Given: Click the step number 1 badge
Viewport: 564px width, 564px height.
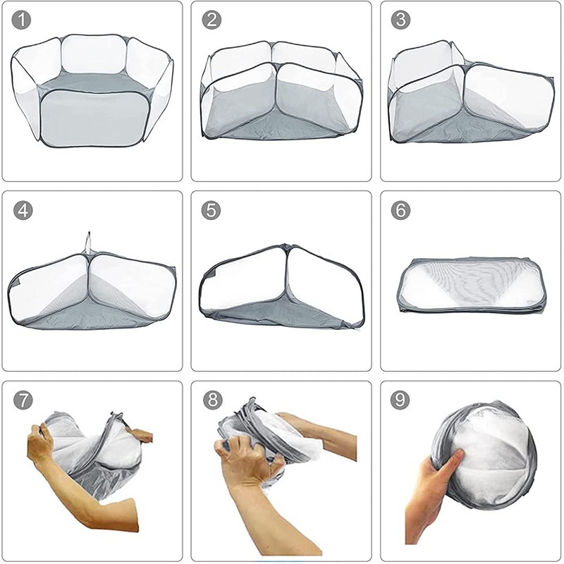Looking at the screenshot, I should [23, 20].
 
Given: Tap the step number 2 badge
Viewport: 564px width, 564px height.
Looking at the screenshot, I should [211, 20].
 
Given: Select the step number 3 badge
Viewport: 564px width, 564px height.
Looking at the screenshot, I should [401, 20].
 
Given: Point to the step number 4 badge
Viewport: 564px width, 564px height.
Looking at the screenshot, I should [23, 210].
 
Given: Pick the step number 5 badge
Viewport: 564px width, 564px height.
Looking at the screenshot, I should [211, 210].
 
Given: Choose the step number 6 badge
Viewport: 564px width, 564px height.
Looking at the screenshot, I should [401, 210].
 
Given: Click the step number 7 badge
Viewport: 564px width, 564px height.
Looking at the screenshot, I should [23, 400].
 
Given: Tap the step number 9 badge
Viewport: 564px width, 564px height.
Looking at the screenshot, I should [401, 400].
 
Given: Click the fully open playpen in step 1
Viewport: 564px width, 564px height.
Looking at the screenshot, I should [92, 92].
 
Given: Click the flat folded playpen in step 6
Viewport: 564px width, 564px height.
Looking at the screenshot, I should [471, 286].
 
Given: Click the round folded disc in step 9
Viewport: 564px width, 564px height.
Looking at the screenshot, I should [486, 458].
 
